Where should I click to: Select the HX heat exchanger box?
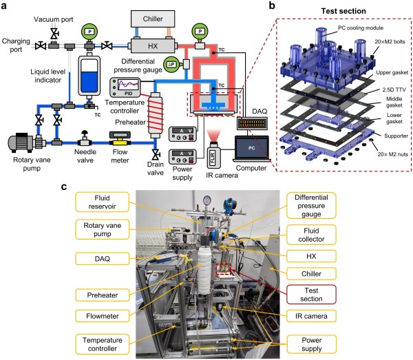pyautogui.click(x=154, y=45)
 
